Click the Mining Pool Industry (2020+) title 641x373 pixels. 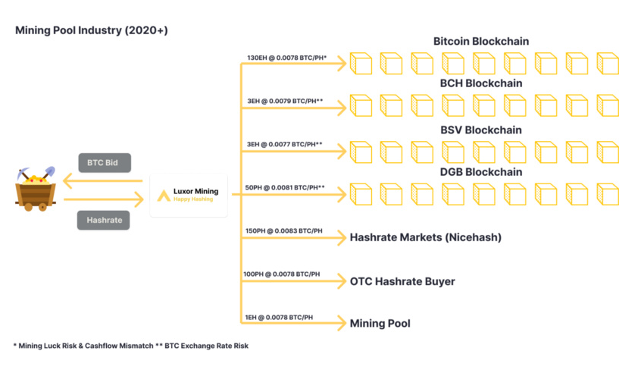pos(92,30)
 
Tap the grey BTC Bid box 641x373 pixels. pos(105,163)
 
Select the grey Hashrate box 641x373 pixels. pos(104,220)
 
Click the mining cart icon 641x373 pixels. pos(36,189)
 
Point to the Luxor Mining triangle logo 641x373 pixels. pos(164,196)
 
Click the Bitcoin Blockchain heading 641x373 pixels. pos(481,41)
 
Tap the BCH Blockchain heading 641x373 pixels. pos(481,83)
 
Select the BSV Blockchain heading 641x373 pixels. pos(481,130)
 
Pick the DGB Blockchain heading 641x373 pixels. pos(481,172)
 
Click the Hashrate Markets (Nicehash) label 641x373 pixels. pos(426,237)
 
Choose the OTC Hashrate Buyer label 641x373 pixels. pos(402,281)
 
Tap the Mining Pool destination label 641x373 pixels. pos(380,324)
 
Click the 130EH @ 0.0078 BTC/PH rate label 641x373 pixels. pos(287,58)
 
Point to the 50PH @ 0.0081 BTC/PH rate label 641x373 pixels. pos(285,188)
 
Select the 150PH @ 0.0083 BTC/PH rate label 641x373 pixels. pos(283,231)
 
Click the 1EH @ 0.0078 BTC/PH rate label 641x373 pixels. pos(279,318)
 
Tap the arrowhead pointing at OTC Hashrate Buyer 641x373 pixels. pos(342,281)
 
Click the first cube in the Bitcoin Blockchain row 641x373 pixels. pos(361,64)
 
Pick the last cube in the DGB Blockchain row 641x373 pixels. pos(608,194)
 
